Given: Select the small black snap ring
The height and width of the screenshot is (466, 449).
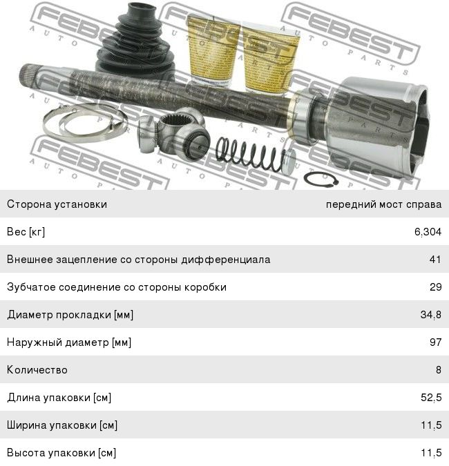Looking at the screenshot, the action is pos(321,179).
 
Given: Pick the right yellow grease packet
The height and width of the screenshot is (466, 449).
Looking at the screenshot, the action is pos(269,59).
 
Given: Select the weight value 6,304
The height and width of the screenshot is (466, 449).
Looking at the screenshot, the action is pos(428,231).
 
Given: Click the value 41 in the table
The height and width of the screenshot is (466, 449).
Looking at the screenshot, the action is pos(435,260).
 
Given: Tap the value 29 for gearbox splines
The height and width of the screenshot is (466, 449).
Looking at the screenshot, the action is pos(435,287).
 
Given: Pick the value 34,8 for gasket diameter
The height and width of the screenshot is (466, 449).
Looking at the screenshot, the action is pos(431,314).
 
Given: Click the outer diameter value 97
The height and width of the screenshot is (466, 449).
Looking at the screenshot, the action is pos(435,342).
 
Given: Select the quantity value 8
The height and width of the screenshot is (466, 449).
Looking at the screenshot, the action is pos(439,370).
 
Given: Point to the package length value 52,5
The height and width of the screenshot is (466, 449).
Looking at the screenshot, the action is pos(431,398).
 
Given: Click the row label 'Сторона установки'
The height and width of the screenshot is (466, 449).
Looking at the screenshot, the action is pos(57,204).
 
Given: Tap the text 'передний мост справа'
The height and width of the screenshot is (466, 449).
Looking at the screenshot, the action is pos(383,204).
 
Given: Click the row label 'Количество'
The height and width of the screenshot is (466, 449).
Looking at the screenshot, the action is pos(37,370).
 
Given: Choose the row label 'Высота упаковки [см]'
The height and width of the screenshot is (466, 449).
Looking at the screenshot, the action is pos(61,453).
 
